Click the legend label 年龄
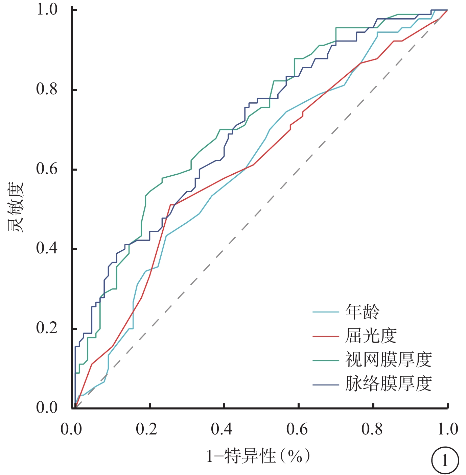point(362,311)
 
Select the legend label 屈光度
point(371,336)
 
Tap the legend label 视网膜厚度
point(389,360)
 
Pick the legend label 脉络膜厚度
point(389,384)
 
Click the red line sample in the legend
point(325,336)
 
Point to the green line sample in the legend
point(325,360)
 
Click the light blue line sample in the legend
point(325,312)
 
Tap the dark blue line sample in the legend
point(325,385)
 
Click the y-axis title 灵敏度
point(16,207)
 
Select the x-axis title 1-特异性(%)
point(258,456)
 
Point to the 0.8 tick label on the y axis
point(47,90)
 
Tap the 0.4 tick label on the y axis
point(47,249)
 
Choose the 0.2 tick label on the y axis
point(47,328)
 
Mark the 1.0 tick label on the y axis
point(47,10)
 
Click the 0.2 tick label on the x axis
point(146,429)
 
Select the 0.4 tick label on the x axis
point(222,429)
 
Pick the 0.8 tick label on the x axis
point(372,429)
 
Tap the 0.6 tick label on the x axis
point(297,429)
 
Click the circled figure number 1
point(445,460)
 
